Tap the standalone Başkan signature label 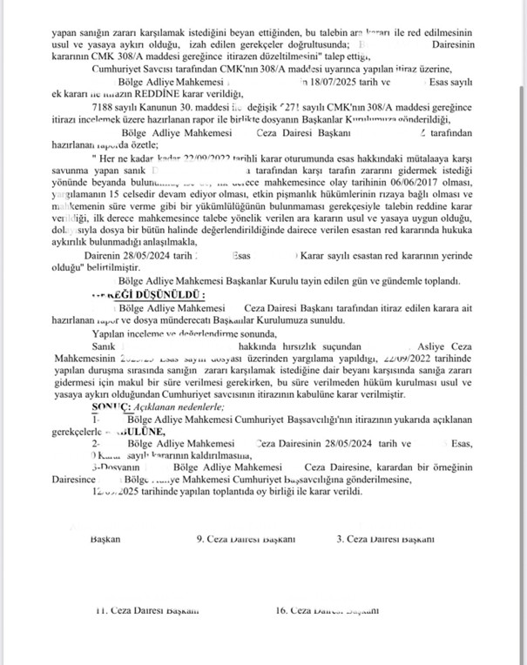click(x=105, y=539)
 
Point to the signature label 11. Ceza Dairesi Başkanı click(x=149, y=610)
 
